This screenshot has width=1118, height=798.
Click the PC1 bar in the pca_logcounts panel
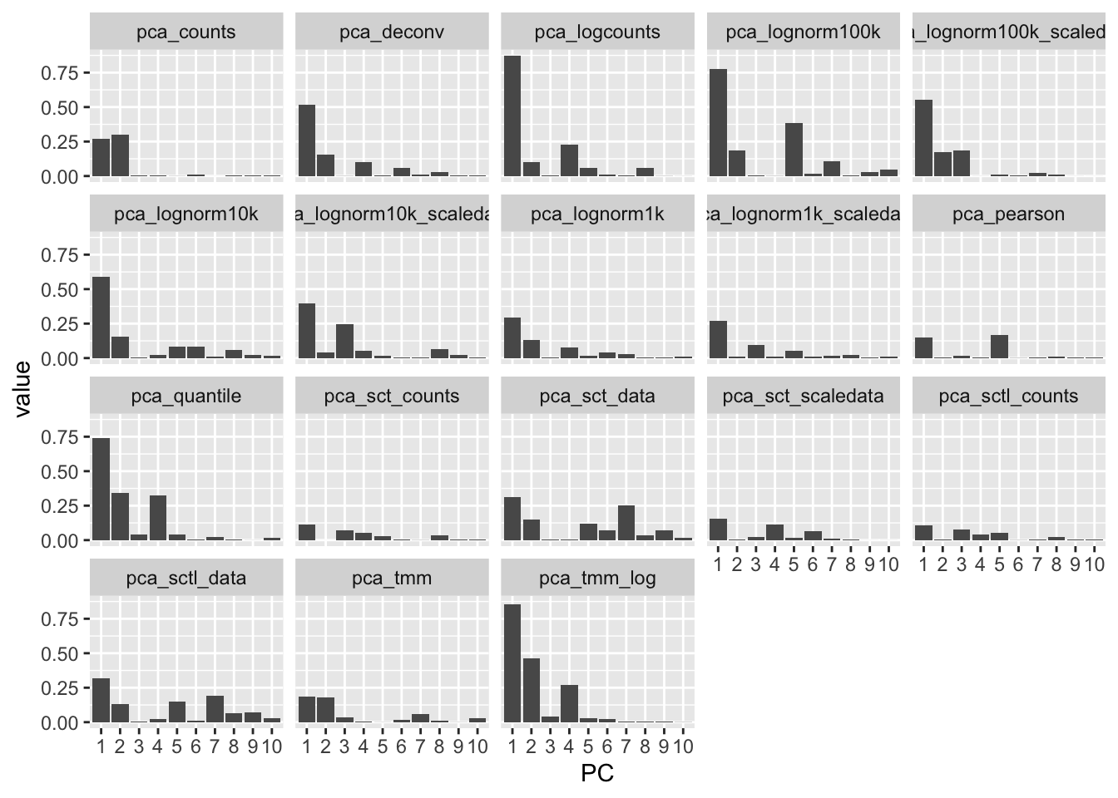point(512,116)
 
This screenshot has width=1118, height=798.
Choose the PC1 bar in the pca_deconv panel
point(307,140)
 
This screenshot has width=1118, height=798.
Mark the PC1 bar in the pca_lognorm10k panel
point(101,318)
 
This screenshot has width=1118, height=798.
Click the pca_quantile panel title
point(186,397)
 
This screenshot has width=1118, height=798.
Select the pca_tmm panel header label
point(392,578)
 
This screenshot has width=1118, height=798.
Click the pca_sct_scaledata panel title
point(803,397)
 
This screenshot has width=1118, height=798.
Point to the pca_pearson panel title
point(1008,214)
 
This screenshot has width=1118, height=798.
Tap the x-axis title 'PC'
point(597,774)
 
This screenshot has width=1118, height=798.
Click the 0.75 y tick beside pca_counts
point(60,73)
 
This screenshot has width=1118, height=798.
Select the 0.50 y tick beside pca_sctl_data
point(60,654)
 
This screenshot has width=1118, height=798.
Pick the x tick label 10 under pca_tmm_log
point(682,746)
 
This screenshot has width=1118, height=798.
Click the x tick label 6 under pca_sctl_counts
point(1017,565)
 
